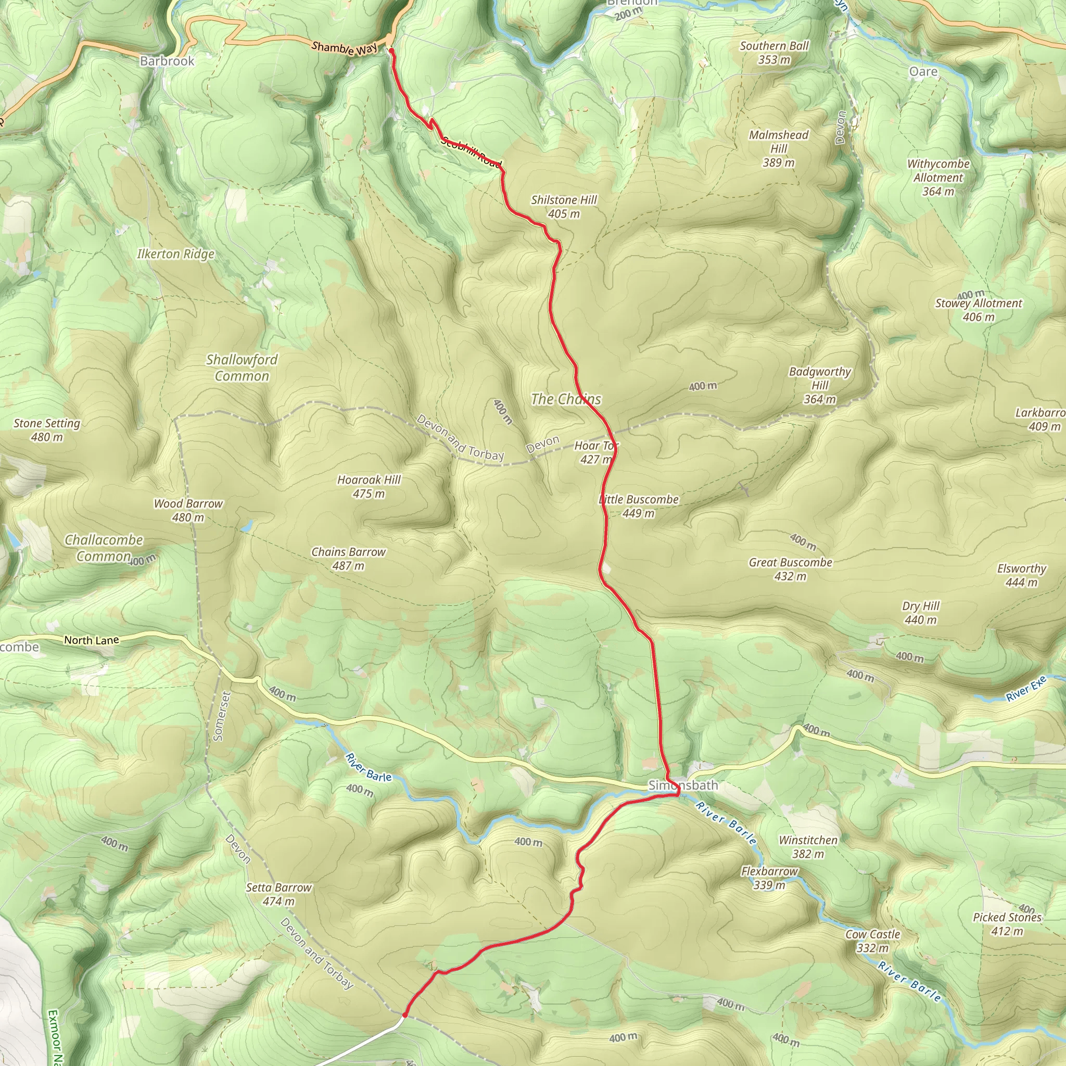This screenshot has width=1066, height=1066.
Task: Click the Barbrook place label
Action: (x=167, y=61)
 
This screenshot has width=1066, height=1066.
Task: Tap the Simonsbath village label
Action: (x=683, y=784)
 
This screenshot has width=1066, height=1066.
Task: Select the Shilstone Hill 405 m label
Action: (x=564, y=207)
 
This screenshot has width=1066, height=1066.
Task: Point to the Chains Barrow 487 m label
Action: (x=348, y=559)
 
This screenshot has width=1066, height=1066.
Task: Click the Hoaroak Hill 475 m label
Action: (x=369, y=487)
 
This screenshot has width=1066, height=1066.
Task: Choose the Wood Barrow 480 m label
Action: (x=188, y=511)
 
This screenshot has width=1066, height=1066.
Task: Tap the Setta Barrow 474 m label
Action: (x=278, y=894)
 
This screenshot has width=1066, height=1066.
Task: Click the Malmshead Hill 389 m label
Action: (x=779, y=148)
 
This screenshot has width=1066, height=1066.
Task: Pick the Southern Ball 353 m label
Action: (x=774, y=53)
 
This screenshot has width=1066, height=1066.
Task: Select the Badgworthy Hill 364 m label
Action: (x=819, y=385)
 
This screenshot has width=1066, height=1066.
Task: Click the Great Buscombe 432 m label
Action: (x=790, y=569)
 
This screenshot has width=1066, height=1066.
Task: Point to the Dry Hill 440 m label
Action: (x=920, y=613)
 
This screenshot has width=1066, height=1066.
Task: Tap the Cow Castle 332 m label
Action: (x=872, y=941)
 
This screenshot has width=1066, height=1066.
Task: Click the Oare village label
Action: (x=923, y=72)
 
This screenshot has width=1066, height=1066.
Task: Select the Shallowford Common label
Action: (x=242, y=367)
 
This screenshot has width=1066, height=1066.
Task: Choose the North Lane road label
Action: (x=92, y=640)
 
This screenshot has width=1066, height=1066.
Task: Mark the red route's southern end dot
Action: (x=405, y=1014)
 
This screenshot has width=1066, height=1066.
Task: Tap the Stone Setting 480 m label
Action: (x=47, y=430)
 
